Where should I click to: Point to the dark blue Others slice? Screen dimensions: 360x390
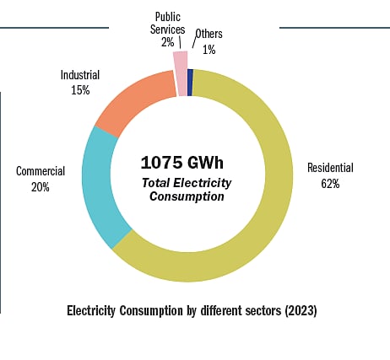[191, 82]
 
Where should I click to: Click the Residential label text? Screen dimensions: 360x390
[330, 168]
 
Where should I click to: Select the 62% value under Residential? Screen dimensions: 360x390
[330, 183]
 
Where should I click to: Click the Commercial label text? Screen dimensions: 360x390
[41, 171]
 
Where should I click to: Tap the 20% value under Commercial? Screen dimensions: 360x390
[41, 187]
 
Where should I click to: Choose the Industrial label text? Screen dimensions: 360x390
[81, 74]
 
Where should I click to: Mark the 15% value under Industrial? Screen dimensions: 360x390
[81, 89]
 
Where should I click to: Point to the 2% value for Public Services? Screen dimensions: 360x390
[167, 41]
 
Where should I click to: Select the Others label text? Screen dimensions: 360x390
[209, 35]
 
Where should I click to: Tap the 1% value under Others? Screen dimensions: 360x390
[209, 50]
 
